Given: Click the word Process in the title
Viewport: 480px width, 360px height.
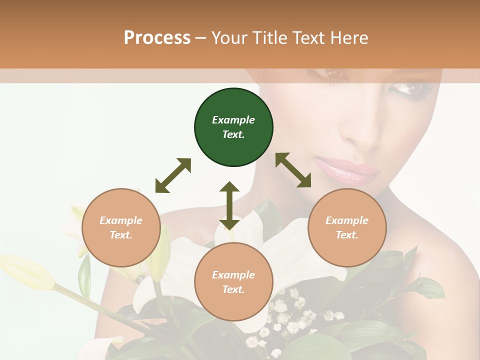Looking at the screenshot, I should click(x=157, y=38).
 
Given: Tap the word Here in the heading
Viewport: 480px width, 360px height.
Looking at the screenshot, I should click(x=348, y=38).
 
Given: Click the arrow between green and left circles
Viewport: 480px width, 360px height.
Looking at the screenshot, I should click(x=173, y=175).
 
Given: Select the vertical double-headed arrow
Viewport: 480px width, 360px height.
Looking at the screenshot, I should click(x=229, y=205).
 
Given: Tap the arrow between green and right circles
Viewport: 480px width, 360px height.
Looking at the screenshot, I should click(x=293, y=170).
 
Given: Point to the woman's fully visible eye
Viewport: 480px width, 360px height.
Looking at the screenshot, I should click(x=409, y=89).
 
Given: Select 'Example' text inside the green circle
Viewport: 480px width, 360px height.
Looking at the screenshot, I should click(x=233, y=120).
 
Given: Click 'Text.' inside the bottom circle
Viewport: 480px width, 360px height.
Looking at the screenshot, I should click(x=233, y=289).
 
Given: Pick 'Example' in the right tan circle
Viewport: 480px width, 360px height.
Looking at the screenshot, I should click(x=347, y=220).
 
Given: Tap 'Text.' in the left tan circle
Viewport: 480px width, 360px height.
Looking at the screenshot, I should click(x=121, y=235).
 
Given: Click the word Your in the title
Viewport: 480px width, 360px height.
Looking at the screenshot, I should click(x=231, y=38).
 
